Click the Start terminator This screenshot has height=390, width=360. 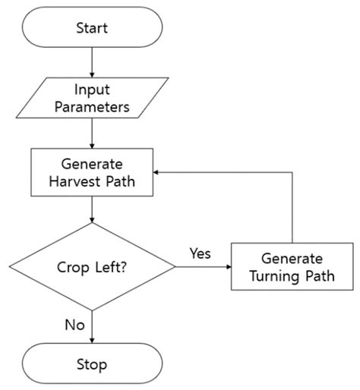pyautogui.click(x=92, y=28)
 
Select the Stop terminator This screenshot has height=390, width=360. pyautogui.click(x=92, y=364)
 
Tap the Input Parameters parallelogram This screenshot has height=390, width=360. pyautogui.click(x=92, y=96)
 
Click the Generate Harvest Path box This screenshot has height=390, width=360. pyautogui.click(x=92, y=172)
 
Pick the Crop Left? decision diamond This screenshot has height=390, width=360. pyautogui.click(x=92, y=266)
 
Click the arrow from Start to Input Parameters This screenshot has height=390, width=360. pyautogui.click(x=92, y=61)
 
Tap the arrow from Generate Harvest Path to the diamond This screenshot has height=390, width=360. pyautogui.click(x=92, y=209)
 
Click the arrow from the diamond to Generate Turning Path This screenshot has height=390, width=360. pyautogui.click(x=204, y=266)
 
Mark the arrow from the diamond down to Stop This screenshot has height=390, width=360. pyautogui.click(x=92, y=326)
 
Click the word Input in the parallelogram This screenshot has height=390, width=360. pyautogui.click(x=92, y=88)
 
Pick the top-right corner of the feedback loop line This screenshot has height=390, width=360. pyautogui.click(x=292, y=172)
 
